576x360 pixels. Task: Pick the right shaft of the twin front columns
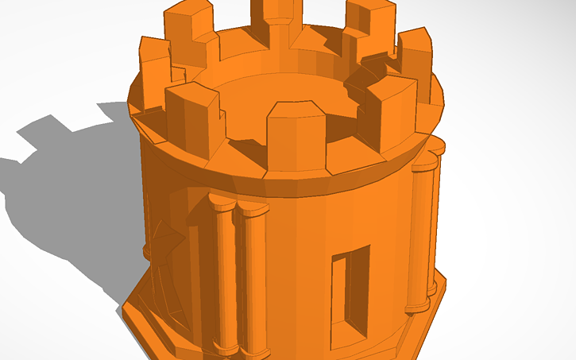pos(253,282)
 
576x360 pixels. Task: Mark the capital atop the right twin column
pos(253,210)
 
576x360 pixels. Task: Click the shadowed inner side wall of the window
pos(340,290)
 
